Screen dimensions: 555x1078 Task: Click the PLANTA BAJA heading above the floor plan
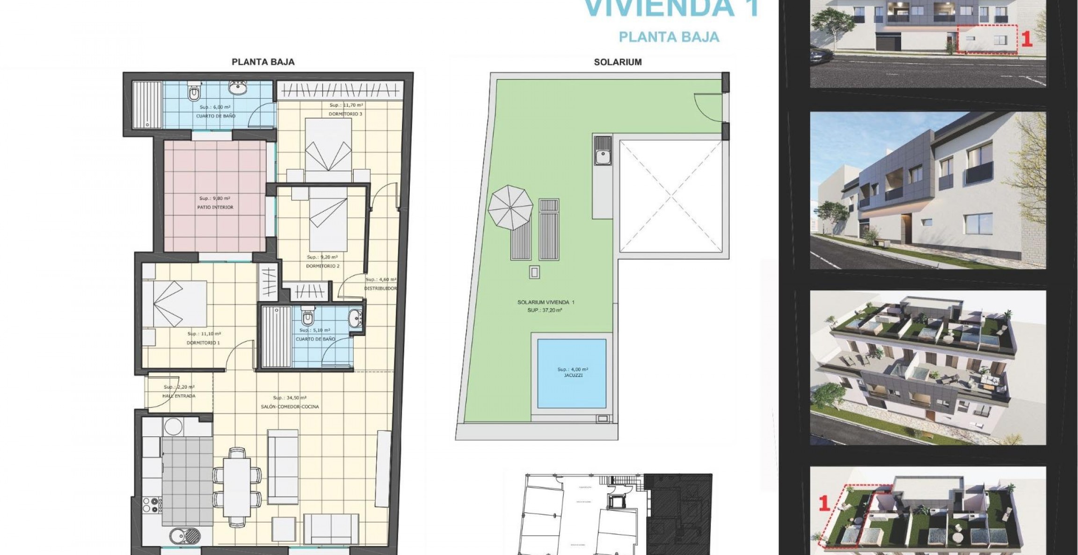tap(263, 62)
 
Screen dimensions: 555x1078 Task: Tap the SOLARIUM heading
tap(618, 62)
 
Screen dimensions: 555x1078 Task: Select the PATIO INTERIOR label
tap(215, 207)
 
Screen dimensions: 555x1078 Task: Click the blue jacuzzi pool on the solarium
tap(572, 373)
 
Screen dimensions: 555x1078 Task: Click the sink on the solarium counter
tap(603, 151)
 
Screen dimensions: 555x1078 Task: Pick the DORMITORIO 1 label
tap(203, 343)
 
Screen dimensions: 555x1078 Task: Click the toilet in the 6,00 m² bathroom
tap(194, 93)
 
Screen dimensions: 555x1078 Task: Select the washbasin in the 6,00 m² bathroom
tap(238, 88)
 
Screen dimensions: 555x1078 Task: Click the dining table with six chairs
tap(237, 486)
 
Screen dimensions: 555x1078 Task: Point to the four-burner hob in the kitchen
tap(152, 505)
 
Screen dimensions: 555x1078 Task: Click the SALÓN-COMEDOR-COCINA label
tap(290, 407)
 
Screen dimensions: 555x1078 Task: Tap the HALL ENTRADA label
tap(179, 396)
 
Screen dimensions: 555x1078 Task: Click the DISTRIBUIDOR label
tap(380, 289)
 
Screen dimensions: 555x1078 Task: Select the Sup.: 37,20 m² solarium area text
tap(545, 310)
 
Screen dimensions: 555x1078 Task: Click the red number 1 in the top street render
tap(1026, 39)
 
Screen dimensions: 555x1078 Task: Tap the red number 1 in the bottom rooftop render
tap(824, 503)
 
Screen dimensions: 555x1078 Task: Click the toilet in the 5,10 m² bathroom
tap(307, 318)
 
